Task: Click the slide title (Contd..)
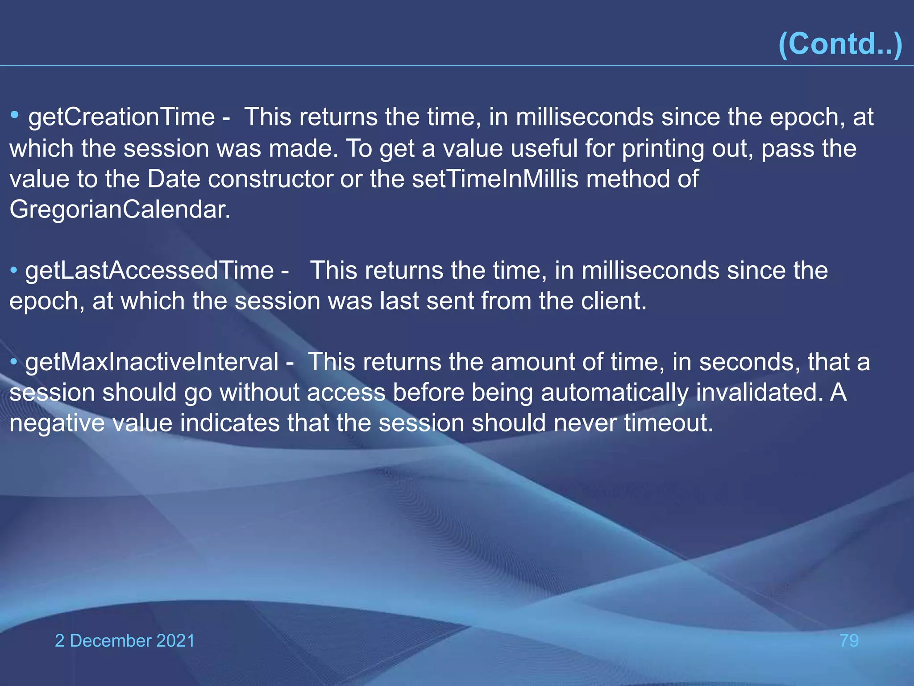840,44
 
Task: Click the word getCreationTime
121,117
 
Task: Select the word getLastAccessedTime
149,271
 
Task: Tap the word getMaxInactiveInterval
152,362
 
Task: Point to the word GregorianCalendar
120,209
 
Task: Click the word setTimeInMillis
495,179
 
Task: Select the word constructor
270,179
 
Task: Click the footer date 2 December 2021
125,640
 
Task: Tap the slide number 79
849,640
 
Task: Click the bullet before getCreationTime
15,116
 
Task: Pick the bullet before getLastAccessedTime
14,270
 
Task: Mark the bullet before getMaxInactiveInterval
14,361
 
